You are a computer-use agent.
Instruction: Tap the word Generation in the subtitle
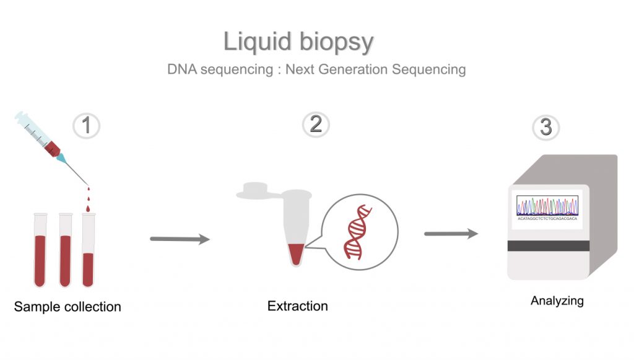[x=351, y=69]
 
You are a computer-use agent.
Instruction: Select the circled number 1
[x=87, y=126]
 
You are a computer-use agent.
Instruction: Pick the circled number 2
[x=316, y=125]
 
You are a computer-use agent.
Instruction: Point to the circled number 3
[x=546, y=127]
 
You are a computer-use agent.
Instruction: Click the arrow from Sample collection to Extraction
[x=180, y=239]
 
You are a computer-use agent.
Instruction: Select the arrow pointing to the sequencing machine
[x=451, y=234]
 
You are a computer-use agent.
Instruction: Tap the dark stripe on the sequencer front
[x=548, y=246]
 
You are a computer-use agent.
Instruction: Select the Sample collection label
[x=67, y=307]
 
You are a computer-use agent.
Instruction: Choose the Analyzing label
[x=557, y=301]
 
